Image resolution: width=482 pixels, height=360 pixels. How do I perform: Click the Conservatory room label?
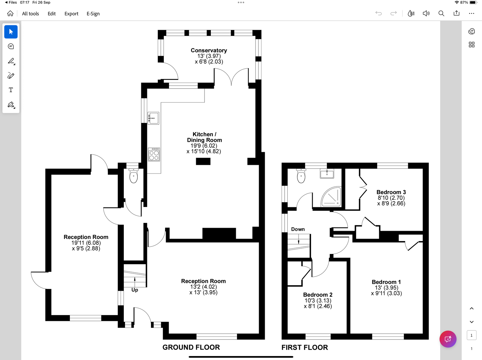[x=209, y=50]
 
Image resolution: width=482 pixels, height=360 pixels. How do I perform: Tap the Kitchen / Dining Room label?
[x=204, y=137]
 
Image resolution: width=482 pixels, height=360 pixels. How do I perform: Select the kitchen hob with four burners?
[x=154, y=154]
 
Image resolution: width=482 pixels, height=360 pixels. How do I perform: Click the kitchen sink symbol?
[x=153, y=118]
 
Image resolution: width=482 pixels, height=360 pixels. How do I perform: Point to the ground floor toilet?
[x=133, y=176]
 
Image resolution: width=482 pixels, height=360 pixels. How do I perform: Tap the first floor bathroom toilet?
[x=301, y=176]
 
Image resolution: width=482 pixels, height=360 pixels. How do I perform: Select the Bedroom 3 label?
[x=391, y=192]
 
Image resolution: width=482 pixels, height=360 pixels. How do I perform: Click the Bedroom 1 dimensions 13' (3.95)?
[x=387, y=288]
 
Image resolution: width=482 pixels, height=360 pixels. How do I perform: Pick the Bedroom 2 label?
[x=318, y=295]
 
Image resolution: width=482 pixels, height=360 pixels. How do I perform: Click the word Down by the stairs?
[x=298, y=229]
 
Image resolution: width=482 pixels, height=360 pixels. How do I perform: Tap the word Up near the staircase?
[x=135, y=290]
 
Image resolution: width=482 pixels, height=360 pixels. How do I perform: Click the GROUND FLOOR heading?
[x=191, y=347]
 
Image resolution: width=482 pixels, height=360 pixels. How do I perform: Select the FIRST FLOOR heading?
[x=305, y=347]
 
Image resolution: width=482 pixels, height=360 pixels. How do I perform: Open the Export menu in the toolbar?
[x=71, y=14]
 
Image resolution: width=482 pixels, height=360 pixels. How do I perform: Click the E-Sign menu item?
[x=93, y=14]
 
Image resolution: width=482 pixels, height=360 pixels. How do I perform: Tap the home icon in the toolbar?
[x=10, y=14]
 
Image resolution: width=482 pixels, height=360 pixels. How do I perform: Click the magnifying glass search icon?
[x=441, y=13]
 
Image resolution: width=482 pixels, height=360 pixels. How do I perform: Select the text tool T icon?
[x=11, y=90]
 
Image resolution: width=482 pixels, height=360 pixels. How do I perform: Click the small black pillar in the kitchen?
[x=203, y=161]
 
